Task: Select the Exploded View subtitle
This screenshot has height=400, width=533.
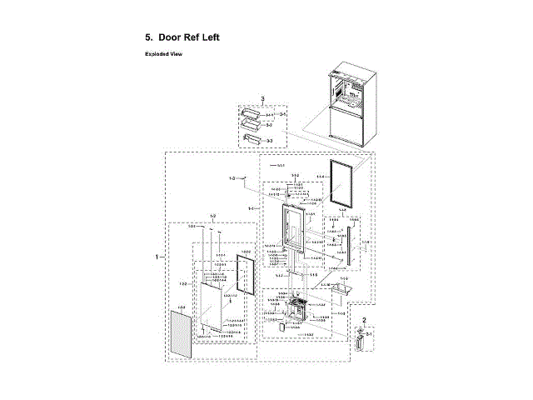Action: point(164,54)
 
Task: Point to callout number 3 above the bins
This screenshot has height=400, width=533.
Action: point(263,98)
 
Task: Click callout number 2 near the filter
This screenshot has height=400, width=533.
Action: point(364,321)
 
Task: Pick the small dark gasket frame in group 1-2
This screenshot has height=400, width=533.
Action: point(246,282)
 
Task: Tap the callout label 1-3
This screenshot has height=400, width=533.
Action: point(233,177)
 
